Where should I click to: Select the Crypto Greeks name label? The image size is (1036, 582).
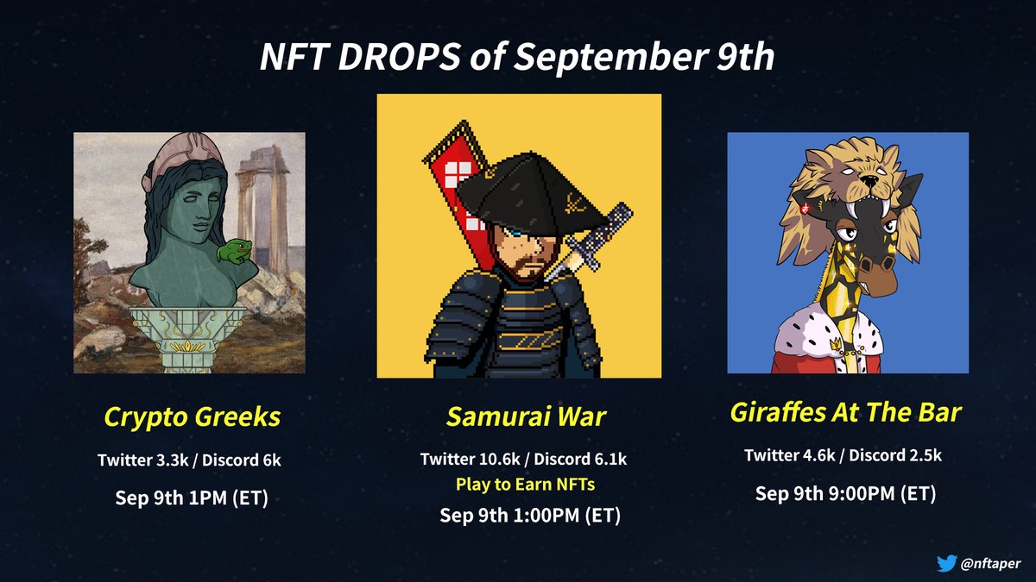pos(192,417)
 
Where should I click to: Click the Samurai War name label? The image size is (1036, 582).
pos(526,418)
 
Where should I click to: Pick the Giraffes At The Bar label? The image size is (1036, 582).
pos(845,412)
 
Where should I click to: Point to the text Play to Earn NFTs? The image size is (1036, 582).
pos(526,485)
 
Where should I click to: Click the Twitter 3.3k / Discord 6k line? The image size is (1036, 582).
pos(189,461)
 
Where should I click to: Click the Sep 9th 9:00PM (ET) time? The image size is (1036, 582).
pos(845,494)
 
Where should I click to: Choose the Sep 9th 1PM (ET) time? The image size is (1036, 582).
pos(190,499)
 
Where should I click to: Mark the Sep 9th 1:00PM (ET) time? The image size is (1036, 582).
pos(529,516)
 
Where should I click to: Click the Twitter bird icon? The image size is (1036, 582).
pos(946,563)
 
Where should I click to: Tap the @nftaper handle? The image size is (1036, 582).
pos(991,563)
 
